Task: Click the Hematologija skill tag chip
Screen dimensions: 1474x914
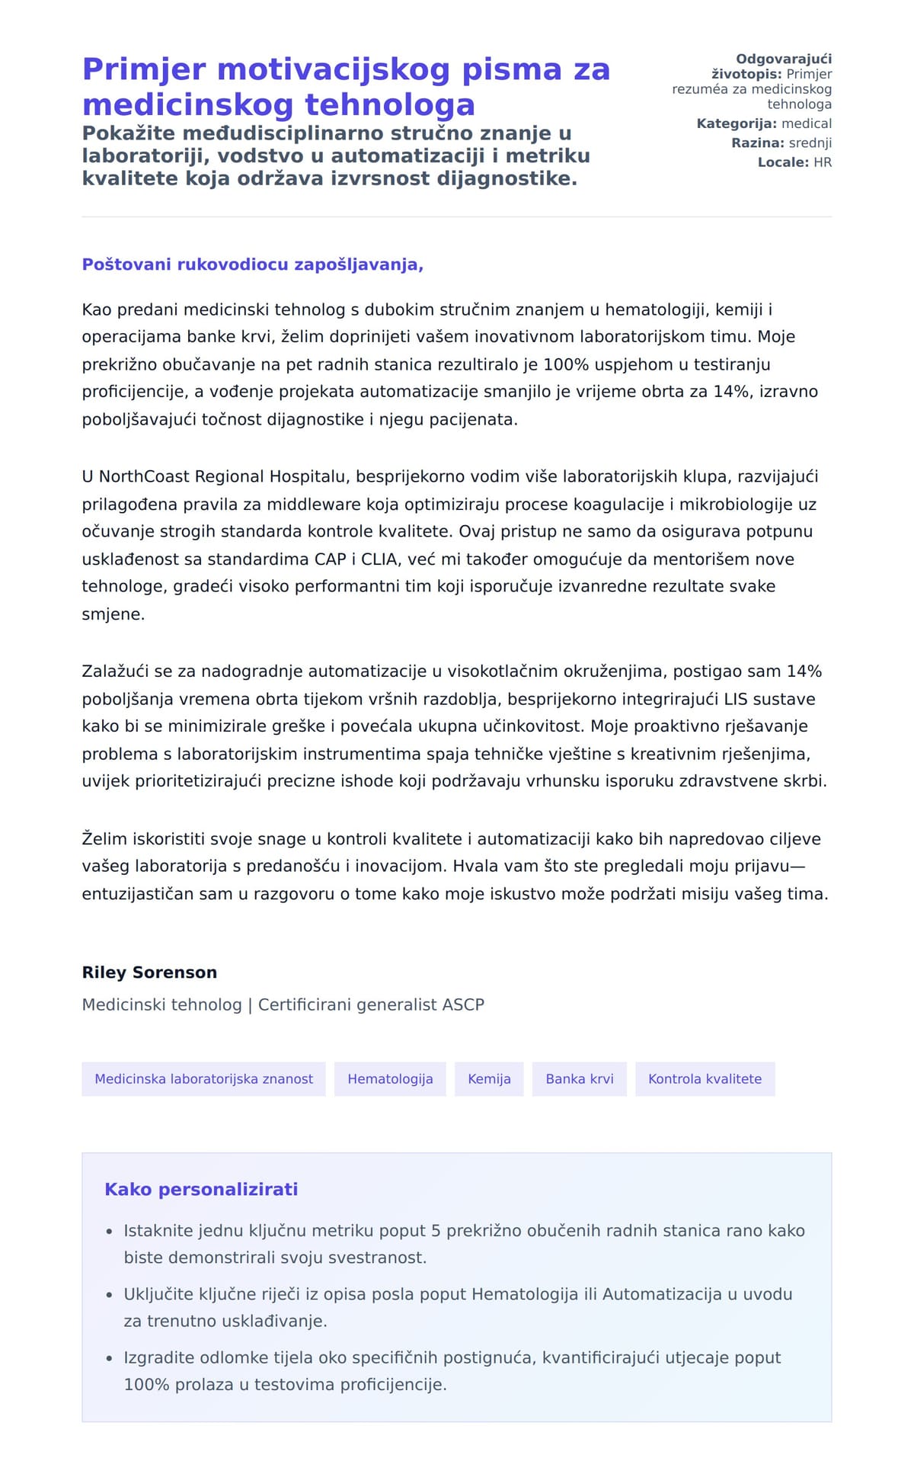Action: coord(390,1078)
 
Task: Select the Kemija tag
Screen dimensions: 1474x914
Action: coord(489,1078)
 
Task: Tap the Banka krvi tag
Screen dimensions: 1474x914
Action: coord(579,1078)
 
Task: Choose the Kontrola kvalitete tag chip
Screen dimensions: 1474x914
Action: coord(705,1078)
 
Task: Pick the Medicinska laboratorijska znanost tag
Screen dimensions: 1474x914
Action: coord(203,1078)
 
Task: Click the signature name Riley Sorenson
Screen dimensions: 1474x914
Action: coord(149,972)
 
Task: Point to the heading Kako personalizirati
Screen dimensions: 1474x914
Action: coord(201,1189)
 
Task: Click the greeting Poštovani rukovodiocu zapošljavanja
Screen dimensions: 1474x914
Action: coord(252,264)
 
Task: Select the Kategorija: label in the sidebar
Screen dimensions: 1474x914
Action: coord(737,123)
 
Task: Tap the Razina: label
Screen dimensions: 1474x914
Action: coord(757,143)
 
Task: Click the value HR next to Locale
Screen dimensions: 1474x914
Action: coord(823,162)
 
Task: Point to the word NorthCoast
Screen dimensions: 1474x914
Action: coord(145,476)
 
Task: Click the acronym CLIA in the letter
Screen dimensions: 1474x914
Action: coord(379,559)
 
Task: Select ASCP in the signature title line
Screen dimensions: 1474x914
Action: coord(463,1005)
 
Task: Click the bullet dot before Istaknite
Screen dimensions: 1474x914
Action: coord(108,1231)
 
